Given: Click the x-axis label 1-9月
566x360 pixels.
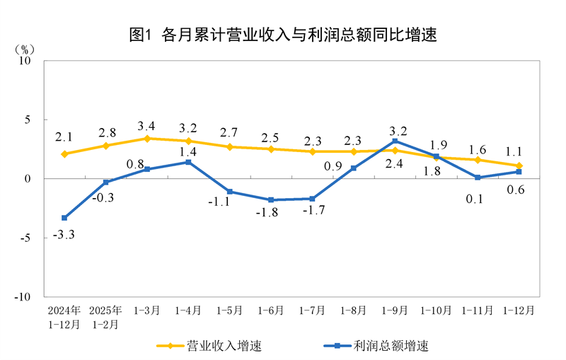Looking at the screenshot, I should pyautogui.click(x=395, y=310).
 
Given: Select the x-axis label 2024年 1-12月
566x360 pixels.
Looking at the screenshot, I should pyautogui.click(x=64, y=317).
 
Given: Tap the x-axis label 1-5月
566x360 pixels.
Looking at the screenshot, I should pyautogui.click(x=229, y=310).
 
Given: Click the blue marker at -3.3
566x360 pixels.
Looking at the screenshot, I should pyautogui.click(x=64, y=218).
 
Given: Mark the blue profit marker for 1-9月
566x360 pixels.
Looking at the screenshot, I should pyautogui.click(x=395, y=141).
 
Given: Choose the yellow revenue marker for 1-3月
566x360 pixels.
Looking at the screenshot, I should pyautogui.click(x=147, y=139).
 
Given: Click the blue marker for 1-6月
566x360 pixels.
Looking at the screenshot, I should pyautogui.click(x=271, y=200).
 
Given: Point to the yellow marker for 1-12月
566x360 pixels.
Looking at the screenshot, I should pyautogui.click(x=519, y=166).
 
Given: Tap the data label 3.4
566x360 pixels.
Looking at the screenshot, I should pyautogui.click(x=147, y=126).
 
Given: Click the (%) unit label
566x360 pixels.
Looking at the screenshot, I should pyautogui.click(x=24, y=50).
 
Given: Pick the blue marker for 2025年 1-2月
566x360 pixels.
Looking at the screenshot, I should pyautogui.click(x=105, y=182).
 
